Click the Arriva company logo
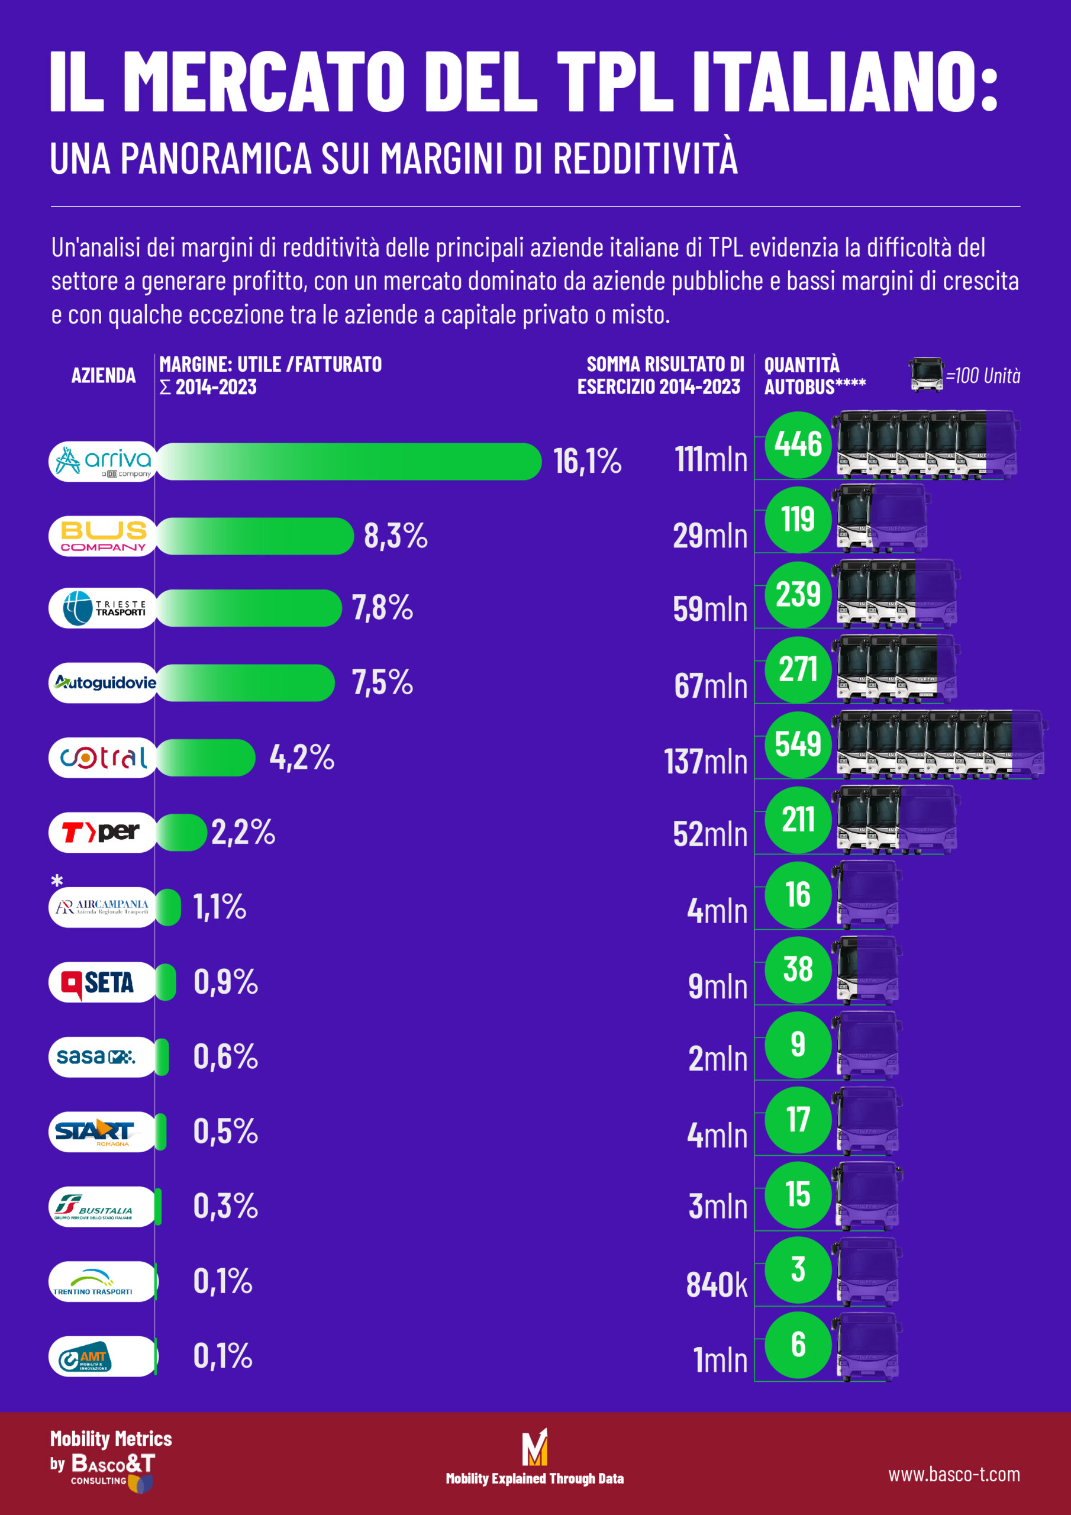click(102, 461)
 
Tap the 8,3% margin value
click(395, 536)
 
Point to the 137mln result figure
click(705, 762)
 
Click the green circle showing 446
click(798, 444)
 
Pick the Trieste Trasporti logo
click(102, 608)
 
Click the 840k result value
click(716, 1285)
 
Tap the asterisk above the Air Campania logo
click(57, 881)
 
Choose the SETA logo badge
click(102, 982)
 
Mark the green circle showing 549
click(798, 744)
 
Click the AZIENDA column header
click(103, 375)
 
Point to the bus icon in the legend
click(925, 374)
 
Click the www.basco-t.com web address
click(953, 1474)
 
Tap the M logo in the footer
click(534, 1446)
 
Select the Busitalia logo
click(102, 1207)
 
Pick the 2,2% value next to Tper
click(243, 832)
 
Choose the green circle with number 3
click(798, 1269)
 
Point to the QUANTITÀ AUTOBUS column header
click(814, 375)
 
